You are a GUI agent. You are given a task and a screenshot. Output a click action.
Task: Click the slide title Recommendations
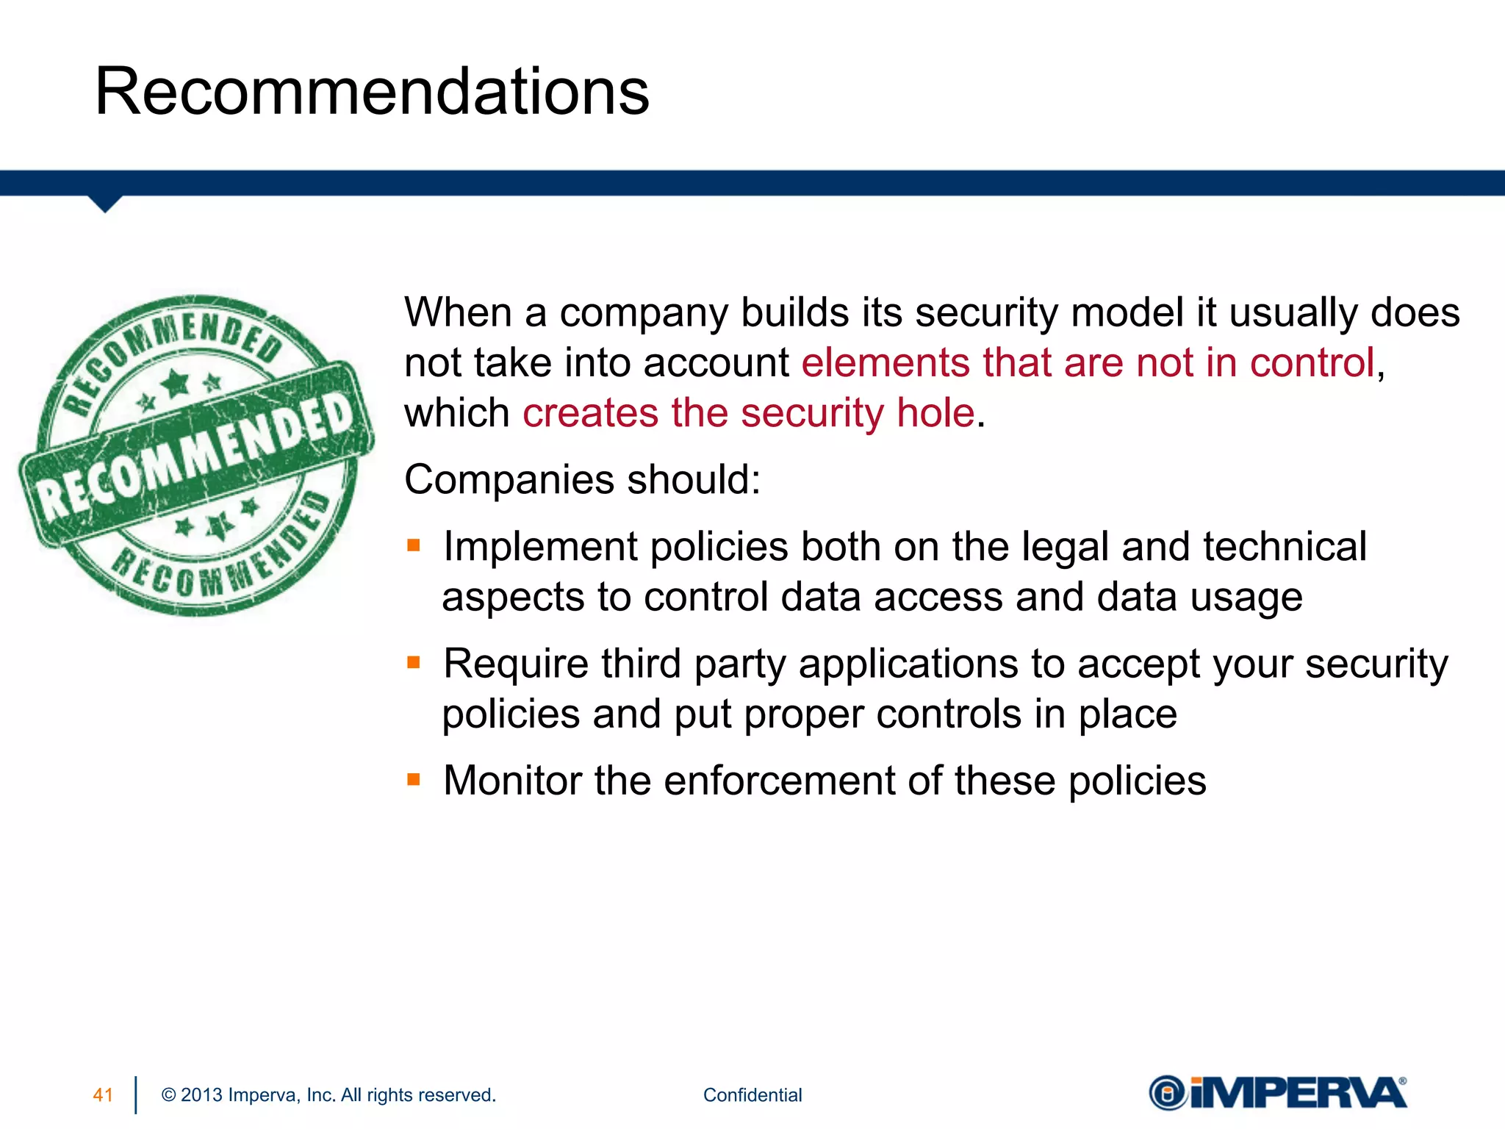(372, 92)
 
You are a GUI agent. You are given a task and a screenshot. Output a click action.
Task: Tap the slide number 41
(103, 1095)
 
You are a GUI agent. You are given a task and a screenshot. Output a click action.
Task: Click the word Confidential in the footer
(752, 1095)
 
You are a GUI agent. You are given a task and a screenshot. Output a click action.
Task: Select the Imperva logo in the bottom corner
(1278, 1093)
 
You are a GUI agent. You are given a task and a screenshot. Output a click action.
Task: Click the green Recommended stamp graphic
(197, 455)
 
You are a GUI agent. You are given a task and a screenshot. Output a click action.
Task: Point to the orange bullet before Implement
(414, 545)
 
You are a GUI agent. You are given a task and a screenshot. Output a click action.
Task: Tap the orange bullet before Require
(414, 663)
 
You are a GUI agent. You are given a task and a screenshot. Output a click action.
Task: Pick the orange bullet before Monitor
(414, 779)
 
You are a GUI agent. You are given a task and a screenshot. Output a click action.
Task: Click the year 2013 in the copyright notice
(201, 1095)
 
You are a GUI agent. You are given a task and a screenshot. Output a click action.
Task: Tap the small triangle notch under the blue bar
(105, 204)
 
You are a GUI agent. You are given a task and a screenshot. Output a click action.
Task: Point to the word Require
(516, 664)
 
